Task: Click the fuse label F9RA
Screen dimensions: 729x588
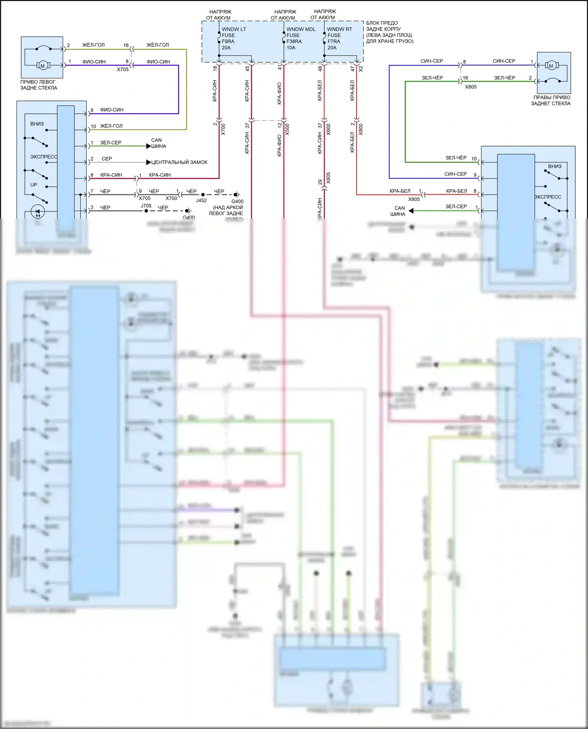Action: [x=228, y=42]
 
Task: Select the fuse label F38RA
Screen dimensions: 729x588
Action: [x=294, y=42]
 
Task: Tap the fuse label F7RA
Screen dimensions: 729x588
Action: [x=334, y=42]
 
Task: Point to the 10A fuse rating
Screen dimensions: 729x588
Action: [x=291, y=48]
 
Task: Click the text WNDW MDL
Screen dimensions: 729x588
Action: [x=301, y=29]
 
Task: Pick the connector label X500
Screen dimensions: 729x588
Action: [x=287, y=130]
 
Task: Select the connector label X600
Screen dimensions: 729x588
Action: [x=328, y=130]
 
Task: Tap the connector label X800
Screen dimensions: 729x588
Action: [x=361, y=130]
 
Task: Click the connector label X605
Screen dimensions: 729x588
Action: [x=328, y=178]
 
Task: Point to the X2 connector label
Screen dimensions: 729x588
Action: [x=361, y=69]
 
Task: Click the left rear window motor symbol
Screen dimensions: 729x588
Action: [x=43, y=66]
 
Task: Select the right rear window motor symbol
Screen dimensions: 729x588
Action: [x=551, y=66]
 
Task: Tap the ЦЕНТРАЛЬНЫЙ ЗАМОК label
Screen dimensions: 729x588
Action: [x=179, y=162]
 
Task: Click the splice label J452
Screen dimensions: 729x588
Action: [x=201, y=200]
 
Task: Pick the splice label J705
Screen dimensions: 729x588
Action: [x=146, y=206]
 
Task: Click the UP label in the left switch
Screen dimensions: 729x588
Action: [x=34, y=185]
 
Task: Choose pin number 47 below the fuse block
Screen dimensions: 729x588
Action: [x=352, y=69]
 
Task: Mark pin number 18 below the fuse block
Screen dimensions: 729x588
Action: [x=215, y=69]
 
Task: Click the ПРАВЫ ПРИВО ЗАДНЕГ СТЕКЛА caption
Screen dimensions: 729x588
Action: [x=551, y=100]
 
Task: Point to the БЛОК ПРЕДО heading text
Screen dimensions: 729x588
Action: [x=382, y=23]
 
